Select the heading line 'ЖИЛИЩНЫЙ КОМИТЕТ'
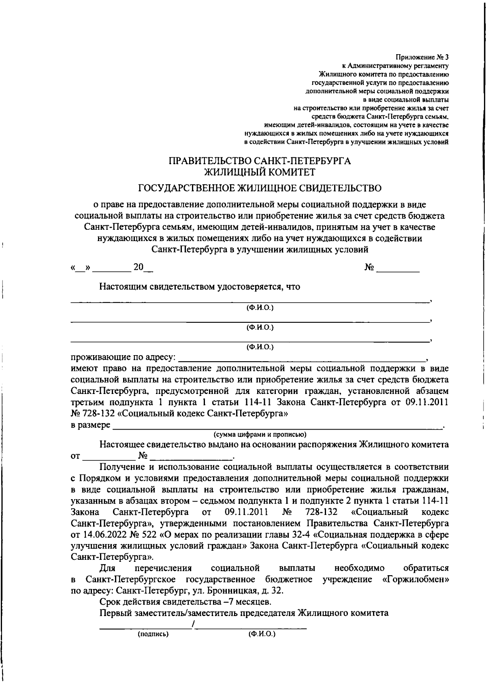(260, 172)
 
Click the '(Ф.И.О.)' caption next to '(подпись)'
(262, 634)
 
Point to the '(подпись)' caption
(153, 634)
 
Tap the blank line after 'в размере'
(277, 426)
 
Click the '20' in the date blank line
(139, 268)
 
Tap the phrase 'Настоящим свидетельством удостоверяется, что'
(200, 287)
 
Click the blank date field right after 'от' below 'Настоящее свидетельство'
(109, 457)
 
